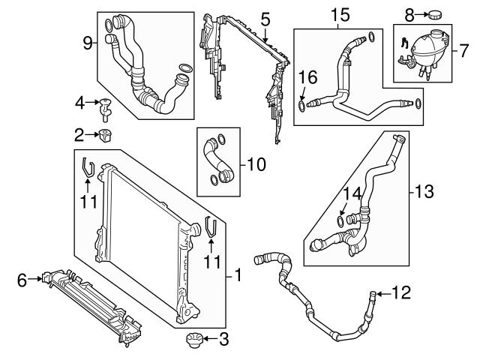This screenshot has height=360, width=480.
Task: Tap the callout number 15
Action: tap(340, 13)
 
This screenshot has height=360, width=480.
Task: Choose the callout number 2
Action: tap(79, 135)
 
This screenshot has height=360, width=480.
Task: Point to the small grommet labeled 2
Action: tap(104, 136)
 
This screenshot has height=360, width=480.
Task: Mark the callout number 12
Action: tap(402, 292)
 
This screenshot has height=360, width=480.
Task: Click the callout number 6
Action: tap(22, 280)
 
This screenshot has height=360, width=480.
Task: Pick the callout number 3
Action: tap(223, 341)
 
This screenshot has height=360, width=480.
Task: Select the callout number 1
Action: tap(238, 276)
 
